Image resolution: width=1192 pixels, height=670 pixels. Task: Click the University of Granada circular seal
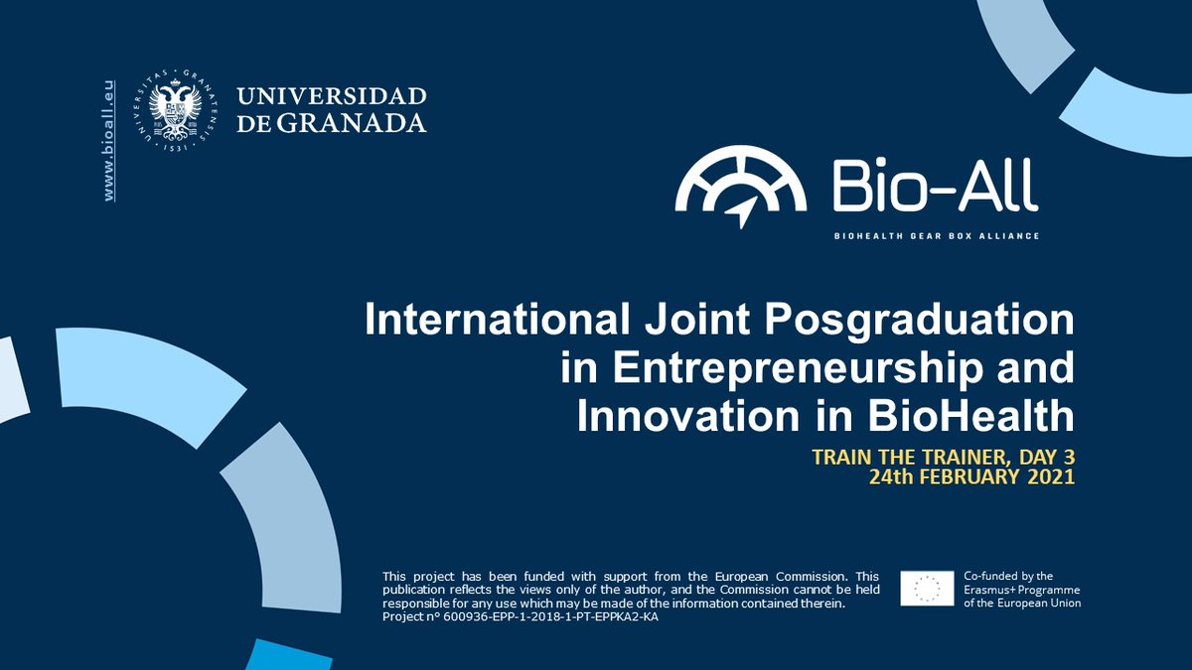[181, 110]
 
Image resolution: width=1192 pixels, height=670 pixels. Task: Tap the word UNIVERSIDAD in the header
[332, 97]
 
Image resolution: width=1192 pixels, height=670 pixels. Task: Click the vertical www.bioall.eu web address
[109, 141]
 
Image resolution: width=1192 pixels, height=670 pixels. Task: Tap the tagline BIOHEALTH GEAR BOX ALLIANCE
[935, 236]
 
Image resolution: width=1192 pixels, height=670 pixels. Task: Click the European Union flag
[927, 589]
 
